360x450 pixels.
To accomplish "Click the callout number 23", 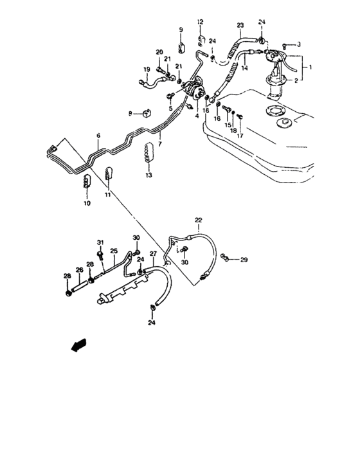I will coord(240,26).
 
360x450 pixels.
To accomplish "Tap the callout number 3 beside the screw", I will coord(299,44).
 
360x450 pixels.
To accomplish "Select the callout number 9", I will coord(181,30).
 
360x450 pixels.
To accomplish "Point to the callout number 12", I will coord(200,22).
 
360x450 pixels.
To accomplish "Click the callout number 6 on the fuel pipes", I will coord(98,136).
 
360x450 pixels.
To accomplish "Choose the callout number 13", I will coord(148,175).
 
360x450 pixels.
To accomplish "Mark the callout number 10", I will coord(87,203).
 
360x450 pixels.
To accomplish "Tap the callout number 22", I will coord(199,221).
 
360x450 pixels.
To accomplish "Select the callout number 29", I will coord(244,260).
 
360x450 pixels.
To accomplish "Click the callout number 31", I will coord(100,242).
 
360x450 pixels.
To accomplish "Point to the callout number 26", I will coord(80,270).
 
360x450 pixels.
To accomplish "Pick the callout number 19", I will coord(147,69).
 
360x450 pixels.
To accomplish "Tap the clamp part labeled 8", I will coord(147,114).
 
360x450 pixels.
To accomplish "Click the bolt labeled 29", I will coord(225,258).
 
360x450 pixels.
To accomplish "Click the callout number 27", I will coord(153,255).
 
